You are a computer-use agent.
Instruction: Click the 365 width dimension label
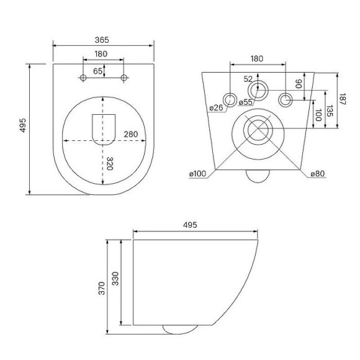click(102, 40)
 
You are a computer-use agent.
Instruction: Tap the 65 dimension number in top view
click(97, 71)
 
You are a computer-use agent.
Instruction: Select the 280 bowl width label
click(131, 134)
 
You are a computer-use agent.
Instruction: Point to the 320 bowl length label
click(110, 163)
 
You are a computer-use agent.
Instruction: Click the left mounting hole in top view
click(83, 78)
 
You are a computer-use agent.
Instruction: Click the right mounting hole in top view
click(124, 78)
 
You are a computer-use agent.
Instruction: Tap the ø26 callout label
click(216, 107)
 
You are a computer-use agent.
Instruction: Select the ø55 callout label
click(245, 102)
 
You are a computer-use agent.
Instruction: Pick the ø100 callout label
click(197, 174)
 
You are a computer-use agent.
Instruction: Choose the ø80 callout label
click(318, 174)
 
